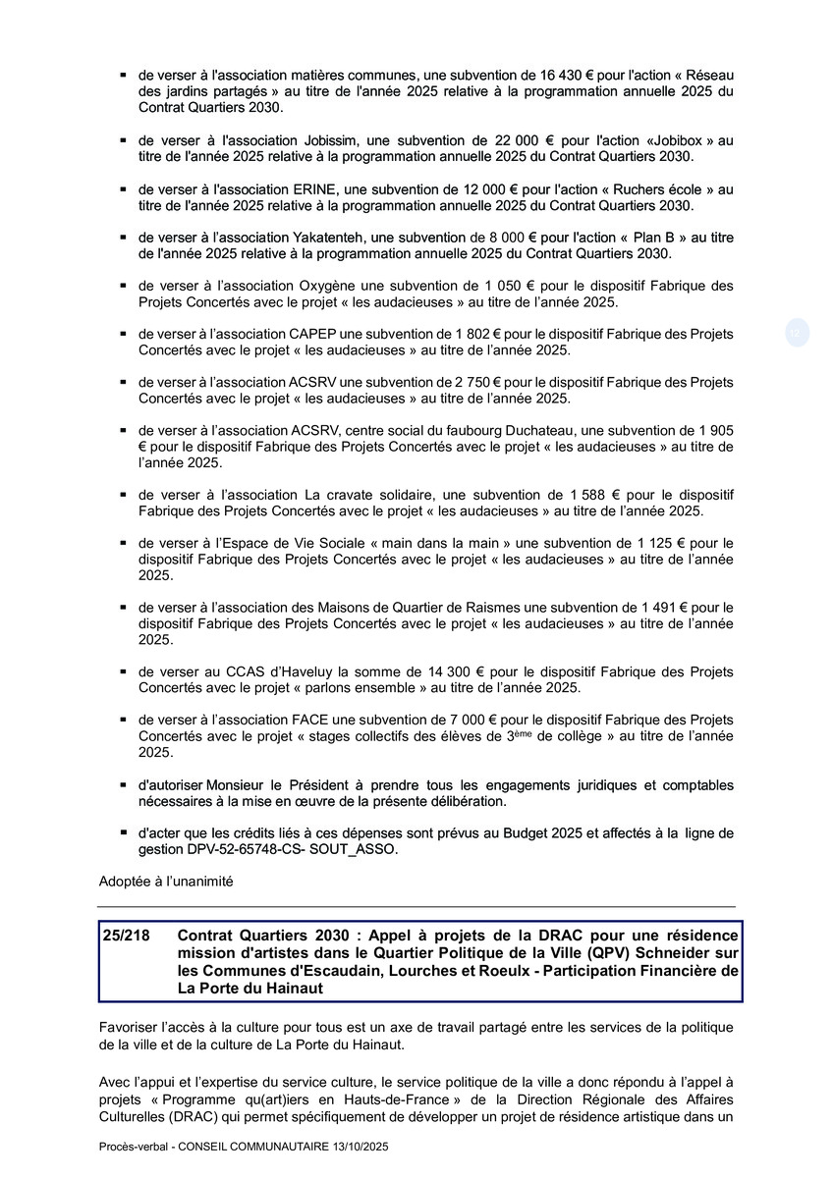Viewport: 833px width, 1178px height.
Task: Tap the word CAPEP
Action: pyautogui.click(x=312, y=334)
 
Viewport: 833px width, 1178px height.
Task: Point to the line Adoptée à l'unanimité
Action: pyautogui.click(x=166, y=882)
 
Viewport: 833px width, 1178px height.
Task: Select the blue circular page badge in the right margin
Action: pyautogui.click(x=796, y=333)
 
